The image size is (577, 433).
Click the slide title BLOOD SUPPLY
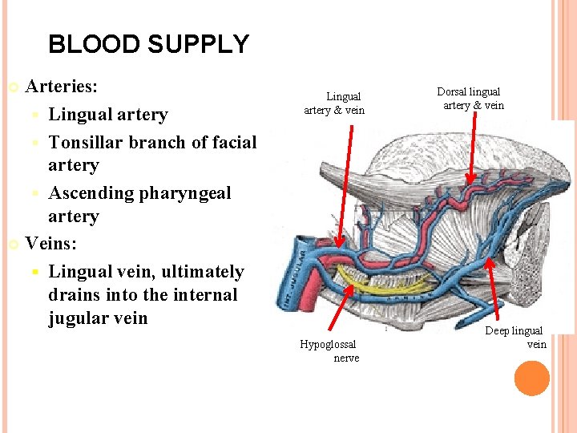point(148,44)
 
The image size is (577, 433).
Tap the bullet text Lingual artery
point(108,115)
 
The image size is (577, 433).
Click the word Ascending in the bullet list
point(91,193)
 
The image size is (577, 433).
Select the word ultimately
point(200,272)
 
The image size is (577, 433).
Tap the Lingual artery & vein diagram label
point(334,103)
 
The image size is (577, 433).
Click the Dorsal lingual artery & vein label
point(471,99)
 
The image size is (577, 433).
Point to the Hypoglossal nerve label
point(329,350)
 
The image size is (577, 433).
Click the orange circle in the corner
point(531,378)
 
